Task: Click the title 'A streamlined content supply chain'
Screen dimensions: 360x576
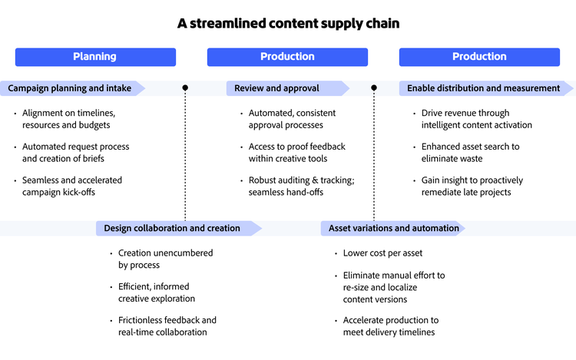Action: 288,24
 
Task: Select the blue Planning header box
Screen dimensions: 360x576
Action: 95,57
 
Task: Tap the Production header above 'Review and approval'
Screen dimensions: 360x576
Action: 287,57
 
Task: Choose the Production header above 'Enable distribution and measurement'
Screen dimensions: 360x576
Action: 479,57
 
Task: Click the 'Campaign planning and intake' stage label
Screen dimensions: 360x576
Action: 70,88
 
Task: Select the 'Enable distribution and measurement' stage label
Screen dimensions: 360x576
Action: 483,88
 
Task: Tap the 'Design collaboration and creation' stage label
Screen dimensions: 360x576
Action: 172,228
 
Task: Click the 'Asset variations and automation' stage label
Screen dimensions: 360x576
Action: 393,228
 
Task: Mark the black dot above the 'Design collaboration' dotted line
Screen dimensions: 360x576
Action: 185,88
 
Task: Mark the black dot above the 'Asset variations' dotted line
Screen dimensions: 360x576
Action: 374,88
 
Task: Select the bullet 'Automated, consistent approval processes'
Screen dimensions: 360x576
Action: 291,119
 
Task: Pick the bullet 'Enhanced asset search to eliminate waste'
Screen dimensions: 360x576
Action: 470,153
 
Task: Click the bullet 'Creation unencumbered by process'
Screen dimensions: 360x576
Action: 165,259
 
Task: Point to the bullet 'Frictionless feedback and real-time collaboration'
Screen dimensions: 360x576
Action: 167,326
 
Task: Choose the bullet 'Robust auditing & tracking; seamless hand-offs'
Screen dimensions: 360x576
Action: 300,187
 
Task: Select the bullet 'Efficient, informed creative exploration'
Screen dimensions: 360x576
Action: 157,292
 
